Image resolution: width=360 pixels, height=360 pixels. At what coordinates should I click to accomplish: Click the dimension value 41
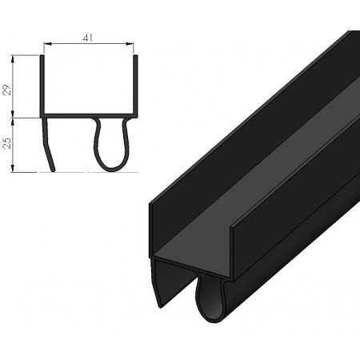(88, 37)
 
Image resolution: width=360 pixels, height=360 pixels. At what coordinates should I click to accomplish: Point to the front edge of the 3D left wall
(151, 232)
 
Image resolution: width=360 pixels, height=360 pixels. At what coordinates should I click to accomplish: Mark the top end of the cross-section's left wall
(42, 57)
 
